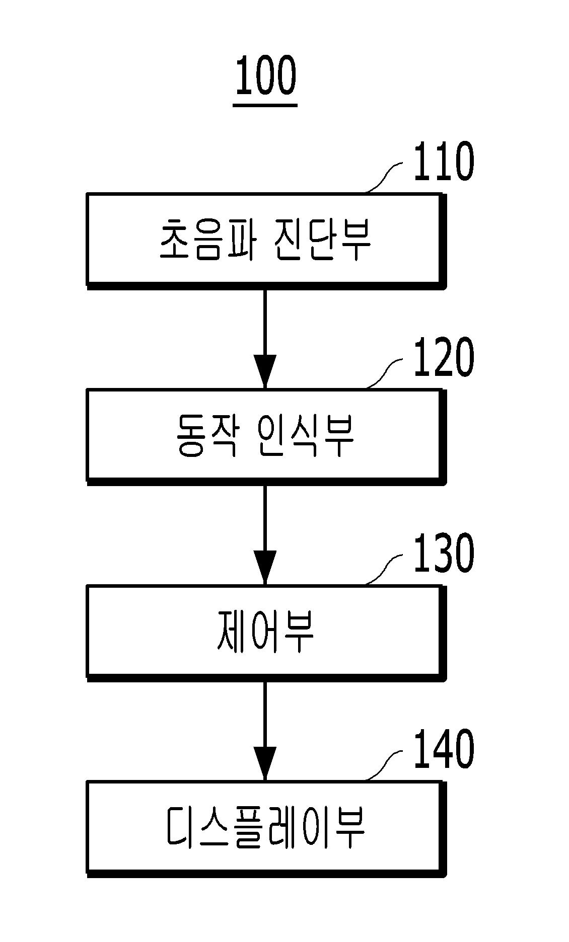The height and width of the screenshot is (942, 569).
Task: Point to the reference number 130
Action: click(x=443, y=554)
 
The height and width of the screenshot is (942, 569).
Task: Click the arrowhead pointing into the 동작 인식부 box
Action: click(x=265, y=371)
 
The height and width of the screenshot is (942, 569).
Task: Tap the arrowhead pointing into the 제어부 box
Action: click(x=265, y=568)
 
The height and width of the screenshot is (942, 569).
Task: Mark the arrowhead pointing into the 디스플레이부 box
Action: click(x=265, y=764)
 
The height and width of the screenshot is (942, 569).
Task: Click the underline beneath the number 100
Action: click(x=265, y=106)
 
